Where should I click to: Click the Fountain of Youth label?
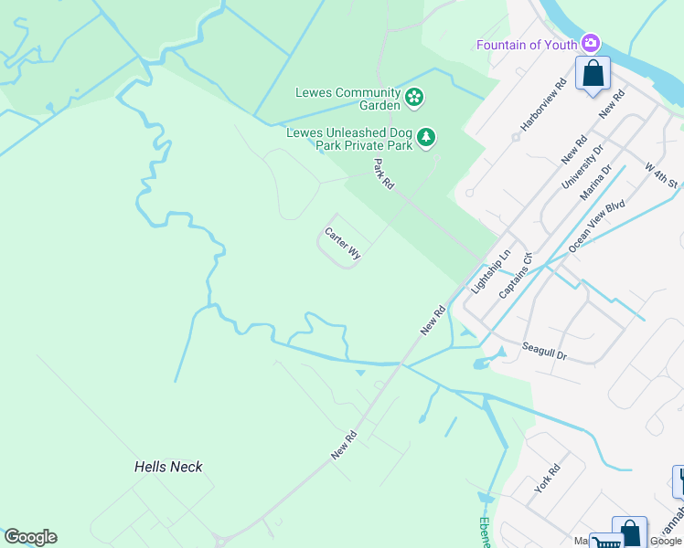pos(526,45)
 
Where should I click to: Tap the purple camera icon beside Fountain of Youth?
pos(592,43)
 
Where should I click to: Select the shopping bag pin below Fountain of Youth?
pos(593,74)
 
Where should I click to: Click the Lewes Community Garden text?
pos(347,99)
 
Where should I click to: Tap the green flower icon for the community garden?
pos(414,96)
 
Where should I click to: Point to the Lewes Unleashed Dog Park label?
pos(348,138)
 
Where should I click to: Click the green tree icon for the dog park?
pos(425,138)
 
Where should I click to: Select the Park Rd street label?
pos(383,174)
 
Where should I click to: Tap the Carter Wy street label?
pos(343,244)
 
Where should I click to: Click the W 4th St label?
pos(661,176)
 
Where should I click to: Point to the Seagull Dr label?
pos(545,351)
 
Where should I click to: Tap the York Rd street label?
pos(547,478)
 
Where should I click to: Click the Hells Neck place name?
pos(168,467)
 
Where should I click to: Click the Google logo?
pos(30,537)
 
